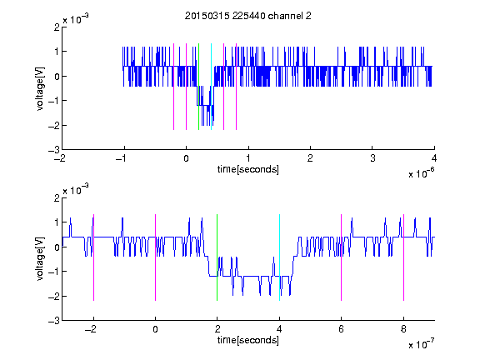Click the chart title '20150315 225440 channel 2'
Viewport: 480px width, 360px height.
pos(248,16)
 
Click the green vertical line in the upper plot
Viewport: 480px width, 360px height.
pos(198,87)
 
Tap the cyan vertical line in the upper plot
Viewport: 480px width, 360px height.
pos(211,87)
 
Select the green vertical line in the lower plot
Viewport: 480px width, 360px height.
pos(217,257)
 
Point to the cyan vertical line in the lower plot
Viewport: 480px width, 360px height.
pos(279,257)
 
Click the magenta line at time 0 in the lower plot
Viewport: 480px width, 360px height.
pos(156,257)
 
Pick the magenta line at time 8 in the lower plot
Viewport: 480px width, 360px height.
pos(404,257)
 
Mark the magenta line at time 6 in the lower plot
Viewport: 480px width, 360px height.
pos(342,257)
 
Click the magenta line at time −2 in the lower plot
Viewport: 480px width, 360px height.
pos(93,257)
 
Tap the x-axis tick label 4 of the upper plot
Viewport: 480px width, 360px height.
pos(434,158)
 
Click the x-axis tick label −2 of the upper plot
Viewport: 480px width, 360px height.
pos(60,158)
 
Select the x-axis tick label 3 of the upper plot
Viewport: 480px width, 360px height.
pos(372,158)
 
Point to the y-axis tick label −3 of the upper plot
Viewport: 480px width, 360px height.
pos(54,150)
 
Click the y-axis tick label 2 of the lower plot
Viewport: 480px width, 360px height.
pos(57,198)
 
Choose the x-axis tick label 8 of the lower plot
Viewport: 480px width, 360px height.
pos(403,329)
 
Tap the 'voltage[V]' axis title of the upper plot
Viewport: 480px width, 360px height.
pos(40,88)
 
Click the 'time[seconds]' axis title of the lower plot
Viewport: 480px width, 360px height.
pos(248,340)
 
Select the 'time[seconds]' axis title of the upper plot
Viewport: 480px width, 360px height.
pos(248,169)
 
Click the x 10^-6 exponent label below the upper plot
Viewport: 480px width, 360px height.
pos(421,173)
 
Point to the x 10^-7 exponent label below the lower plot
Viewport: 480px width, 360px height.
pos(421,344)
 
